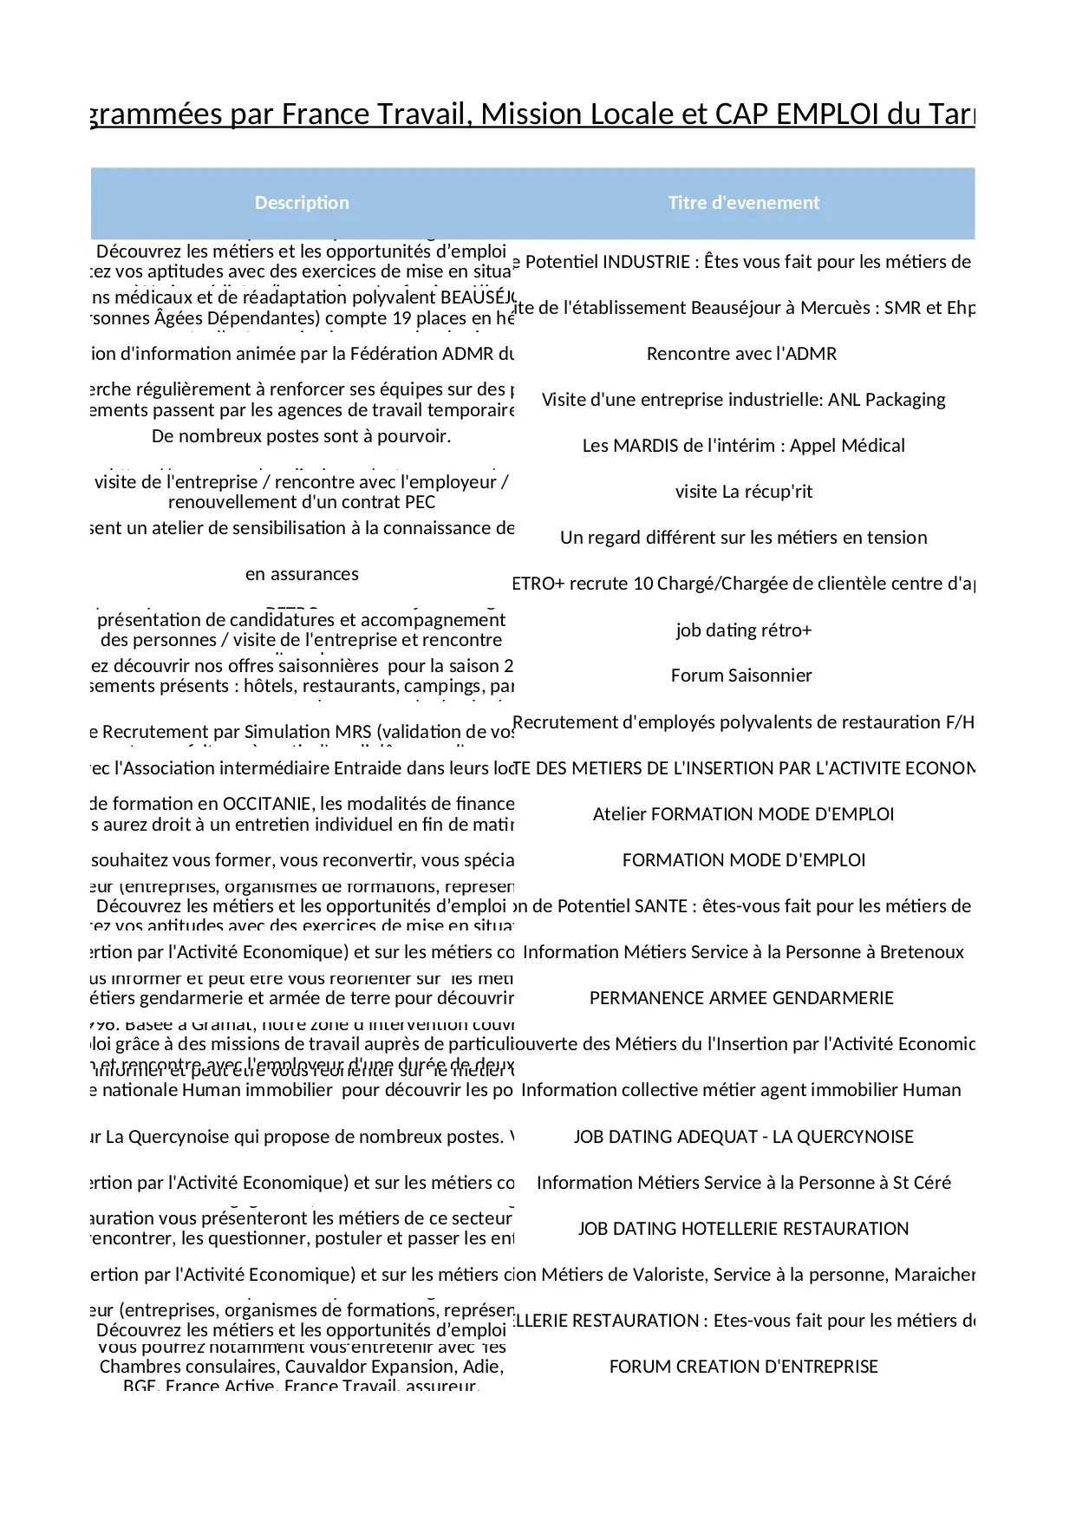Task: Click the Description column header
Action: [x=302, y=203]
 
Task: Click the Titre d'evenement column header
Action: [x=743, y=203]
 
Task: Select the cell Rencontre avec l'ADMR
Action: [x=741, y=354]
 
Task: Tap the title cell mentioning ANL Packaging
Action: [x=743, y=400]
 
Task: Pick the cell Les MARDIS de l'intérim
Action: [x=743, y=446]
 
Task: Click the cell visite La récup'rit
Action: [x=743, y=492]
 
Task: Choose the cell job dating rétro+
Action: [x=743, y=630]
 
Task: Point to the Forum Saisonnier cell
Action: [x=741, y=676]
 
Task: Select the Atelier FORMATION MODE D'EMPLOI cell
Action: [x=743, y=814]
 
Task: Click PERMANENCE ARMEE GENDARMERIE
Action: [x=741, y=998]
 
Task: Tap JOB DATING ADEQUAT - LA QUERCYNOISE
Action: [x=743, y=1137]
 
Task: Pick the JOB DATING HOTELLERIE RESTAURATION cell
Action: [x=743, y=1229]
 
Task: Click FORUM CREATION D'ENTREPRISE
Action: [x=743, y=1367]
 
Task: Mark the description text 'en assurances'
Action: [x=302, y=574]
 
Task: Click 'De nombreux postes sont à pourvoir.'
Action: [x=301, y=436]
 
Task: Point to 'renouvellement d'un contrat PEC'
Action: [x=302, y=502]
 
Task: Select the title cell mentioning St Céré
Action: [x=743, y=1183]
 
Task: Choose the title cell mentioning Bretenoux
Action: [x=743, y=952]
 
